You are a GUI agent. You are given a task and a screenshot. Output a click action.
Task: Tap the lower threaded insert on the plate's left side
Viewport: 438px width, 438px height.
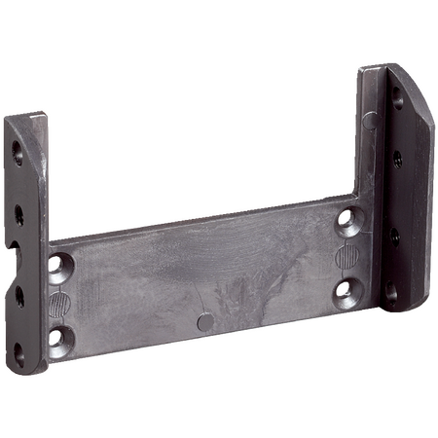coord(60,337)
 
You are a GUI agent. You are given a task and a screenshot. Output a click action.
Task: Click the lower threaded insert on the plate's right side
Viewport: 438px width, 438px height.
coord(347,289)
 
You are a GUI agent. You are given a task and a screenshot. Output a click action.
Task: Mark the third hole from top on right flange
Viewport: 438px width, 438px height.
coord(392,235)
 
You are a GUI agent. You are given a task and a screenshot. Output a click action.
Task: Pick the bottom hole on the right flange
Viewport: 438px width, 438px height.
coord(391,289)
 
